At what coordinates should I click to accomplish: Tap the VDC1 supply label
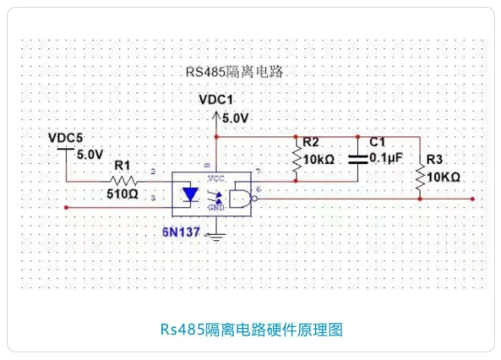pyautogui.click(x=215, y=100)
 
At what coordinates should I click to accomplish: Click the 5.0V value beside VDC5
pyautogui.click(x=89, y=155)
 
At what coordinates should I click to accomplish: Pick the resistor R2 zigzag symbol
pyautogui.click(x=297, y=159)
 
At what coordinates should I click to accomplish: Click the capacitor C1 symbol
pyautogui.click(x=359, y=158)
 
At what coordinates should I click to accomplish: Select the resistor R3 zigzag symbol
pyautogui.click(x=420, y=177)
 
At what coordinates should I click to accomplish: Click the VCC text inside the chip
pyautogui.click(x=215, y=178)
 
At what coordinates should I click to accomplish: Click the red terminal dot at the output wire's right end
pyautogui.click(x=474, y=199)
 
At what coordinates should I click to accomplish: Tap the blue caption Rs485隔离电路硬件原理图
pyautogui.click(x=251, y=328)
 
